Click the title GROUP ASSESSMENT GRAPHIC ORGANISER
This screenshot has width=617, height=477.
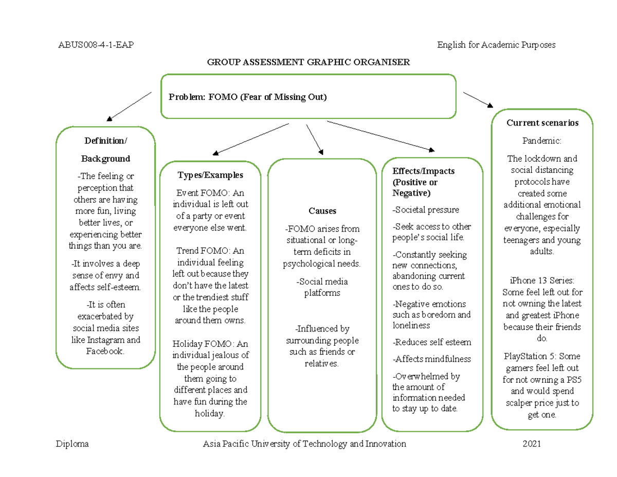pyautogui.click(x=308, y=62)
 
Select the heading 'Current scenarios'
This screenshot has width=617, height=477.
pyautogui.click(x=542, y=123)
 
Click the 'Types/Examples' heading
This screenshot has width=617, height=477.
pyautogui.click(x=210, y=175)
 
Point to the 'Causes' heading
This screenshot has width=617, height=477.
pyautogui.click(x=322, y=211)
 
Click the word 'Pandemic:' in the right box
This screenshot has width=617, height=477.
pyautogui.click(x=542, y=140)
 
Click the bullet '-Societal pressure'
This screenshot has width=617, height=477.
pyautogui.click(x=425, y=210)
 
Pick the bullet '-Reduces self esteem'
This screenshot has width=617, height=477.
pyautogui.click(x=431, y=342)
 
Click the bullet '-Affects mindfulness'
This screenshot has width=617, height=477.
pyautogui.click(x=431, y=359)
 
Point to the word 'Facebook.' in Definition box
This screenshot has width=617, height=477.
pyautogui.click(x=105, y=351)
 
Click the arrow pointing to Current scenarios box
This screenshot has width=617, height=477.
pyautogui.click(x=478, y=100)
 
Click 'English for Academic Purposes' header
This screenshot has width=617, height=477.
pyautogui.click(x=496, y=45)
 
